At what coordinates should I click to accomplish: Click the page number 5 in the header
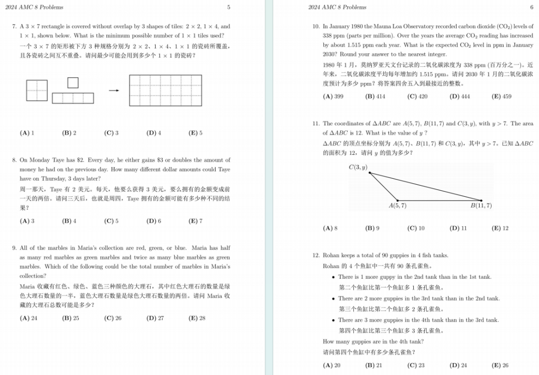(x=229, y=7)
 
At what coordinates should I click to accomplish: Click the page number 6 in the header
(x=532, y=7)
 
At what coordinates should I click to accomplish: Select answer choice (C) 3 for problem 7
(x=111, y=133)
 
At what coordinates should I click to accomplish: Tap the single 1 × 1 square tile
(x=73, y=82)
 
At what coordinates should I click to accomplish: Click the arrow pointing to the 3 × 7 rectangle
(x=114, y=90)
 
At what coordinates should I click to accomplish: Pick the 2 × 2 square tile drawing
(x=37, y=90)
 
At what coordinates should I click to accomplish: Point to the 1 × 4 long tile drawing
(x=73, y=98)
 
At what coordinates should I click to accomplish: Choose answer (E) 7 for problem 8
(x=196, y=221)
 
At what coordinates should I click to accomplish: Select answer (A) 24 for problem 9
(x=28, y=318)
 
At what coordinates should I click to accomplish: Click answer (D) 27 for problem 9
(x=155, y=318)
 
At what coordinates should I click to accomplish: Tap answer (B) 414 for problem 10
(x=375, y=96)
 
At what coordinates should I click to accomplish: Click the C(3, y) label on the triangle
(x=358, y=167)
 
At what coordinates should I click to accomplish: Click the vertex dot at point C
(x=369, y=173)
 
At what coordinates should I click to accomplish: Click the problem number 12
(x=315, y=255)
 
